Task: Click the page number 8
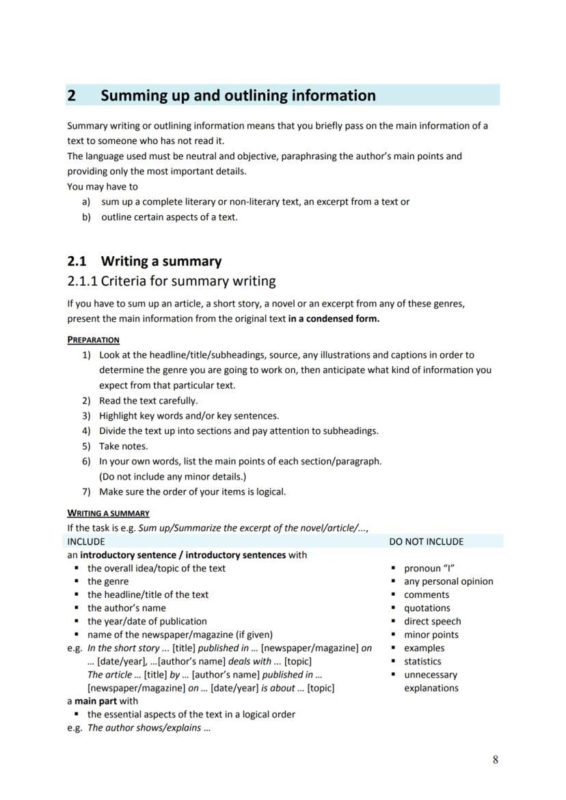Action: [495, 760]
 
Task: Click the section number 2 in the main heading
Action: [71, 96]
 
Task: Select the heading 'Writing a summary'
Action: [161, 262]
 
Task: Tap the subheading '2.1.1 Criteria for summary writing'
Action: [171, 281]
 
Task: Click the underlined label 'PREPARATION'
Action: [93, 340]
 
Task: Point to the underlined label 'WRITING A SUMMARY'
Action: [108, 513]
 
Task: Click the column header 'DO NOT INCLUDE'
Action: [426, 542]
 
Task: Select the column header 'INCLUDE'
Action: [86, 542]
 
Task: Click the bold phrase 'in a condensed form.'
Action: [334, 319]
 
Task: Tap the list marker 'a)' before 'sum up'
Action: [86, 202]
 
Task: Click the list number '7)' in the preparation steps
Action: [86, 492]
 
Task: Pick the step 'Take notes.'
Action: [123, 446]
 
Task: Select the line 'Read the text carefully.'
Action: [148, 401]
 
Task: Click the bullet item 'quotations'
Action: [427, 608]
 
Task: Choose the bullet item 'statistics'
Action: [422, 661]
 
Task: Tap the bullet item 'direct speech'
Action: [432, 622]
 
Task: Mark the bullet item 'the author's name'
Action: [126, 608]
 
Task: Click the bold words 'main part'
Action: [95, 701]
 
